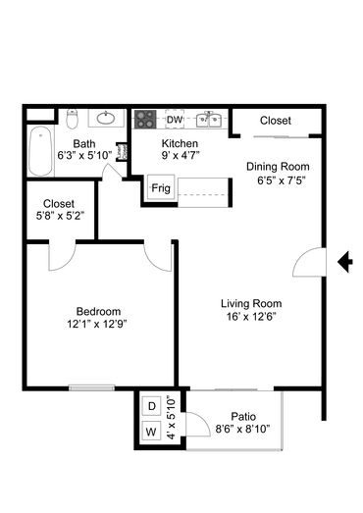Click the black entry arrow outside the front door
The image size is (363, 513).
click(x=344, y=262)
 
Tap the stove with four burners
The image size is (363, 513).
click(x=145, y=120)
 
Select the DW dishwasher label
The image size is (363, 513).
click(x=175, y=120)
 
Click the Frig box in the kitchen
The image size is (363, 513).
click(x=161, y=187)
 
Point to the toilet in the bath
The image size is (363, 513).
click(x=73, y=119)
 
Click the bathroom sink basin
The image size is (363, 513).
click(x=106, y=118)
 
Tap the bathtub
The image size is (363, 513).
click(x=40, y=151)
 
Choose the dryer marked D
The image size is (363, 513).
click(x=151, y=406)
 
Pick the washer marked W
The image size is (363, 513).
click(x=151, y=432)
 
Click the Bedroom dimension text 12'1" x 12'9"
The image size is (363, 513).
click(x=97, y=324)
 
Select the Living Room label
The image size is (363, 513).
click(x=251, y=304)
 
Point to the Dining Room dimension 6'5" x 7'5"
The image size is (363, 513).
click(x=282, y=180)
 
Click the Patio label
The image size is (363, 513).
click(x=243, y=417)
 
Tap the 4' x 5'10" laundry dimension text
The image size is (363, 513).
click(x=171, y=418)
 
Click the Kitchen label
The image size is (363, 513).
click(x=180, y=143)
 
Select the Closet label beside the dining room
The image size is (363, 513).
click(x=276, y=121)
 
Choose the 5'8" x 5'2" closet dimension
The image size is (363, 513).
click(x=60, y=216)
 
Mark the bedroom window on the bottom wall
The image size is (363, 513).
click(x=91, y=388)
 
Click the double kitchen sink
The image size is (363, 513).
click(x=209, y=120)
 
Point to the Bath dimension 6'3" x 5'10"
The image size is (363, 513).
click(x=84, y=155)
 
